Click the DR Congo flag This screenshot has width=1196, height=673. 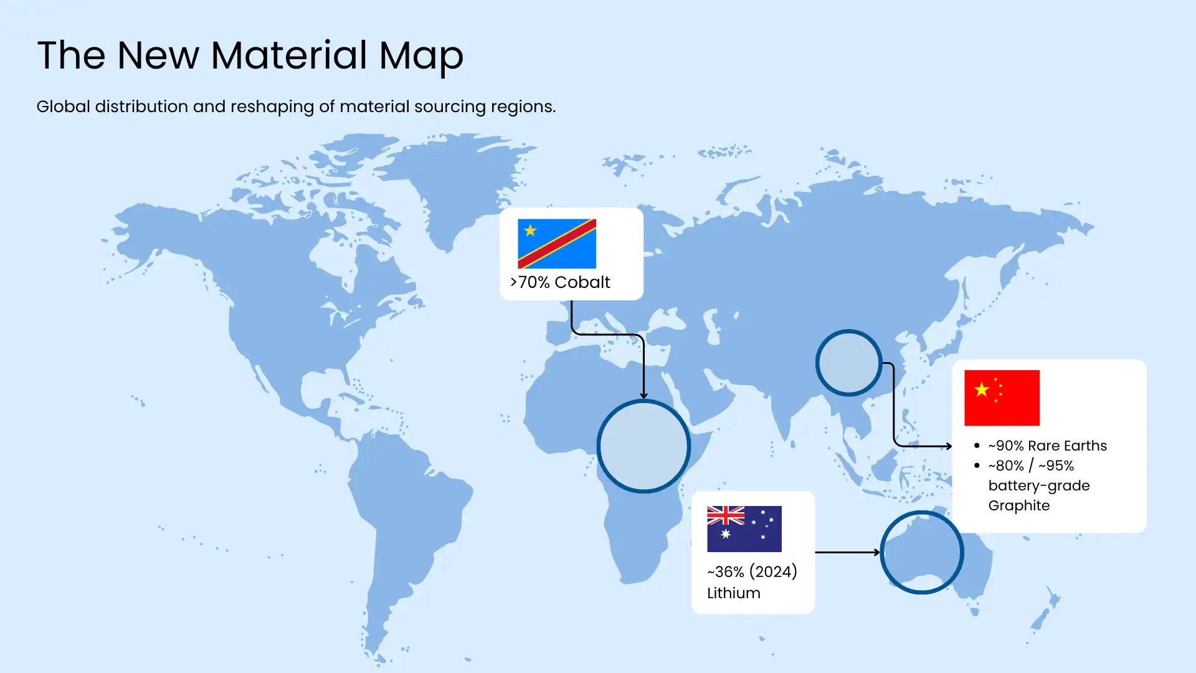click(x=556, y=244)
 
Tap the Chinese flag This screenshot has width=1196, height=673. click(x=1002, y=398)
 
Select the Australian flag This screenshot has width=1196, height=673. click(x=744, y=528)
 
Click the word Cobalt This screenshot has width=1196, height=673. click(x=582, y=282)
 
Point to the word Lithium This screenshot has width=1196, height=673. click(x=733, y=593)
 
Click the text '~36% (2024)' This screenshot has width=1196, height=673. click(x=752, y=571)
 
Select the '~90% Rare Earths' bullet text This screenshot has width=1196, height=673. click(x=1047, y=446)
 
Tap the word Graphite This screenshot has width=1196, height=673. click(x=1018, y=505)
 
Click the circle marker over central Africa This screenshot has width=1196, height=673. click(x=643, y=446)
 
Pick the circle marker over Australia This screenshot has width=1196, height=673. click(x=921, y=552)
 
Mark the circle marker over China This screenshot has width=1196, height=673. click(x=848, y=363)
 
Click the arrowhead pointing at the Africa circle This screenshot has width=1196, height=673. click(x=643, y=395)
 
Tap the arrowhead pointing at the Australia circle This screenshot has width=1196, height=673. click(x=876, y=552)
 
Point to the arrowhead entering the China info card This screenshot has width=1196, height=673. click(x=949, y=446)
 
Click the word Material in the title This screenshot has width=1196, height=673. click(x=288, y=55)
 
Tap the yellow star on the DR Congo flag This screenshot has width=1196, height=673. click(x=530, y=231)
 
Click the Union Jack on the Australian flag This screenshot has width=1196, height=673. click(x=726, y=516)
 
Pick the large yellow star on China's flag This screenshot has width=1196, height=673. click(x=982, y=389)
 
